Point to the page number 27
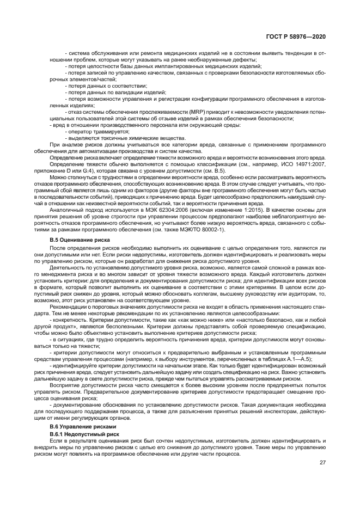pyautogui.click(x=322, y=463)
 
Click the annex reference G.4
pyautogui.click(x=91, y=170)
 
